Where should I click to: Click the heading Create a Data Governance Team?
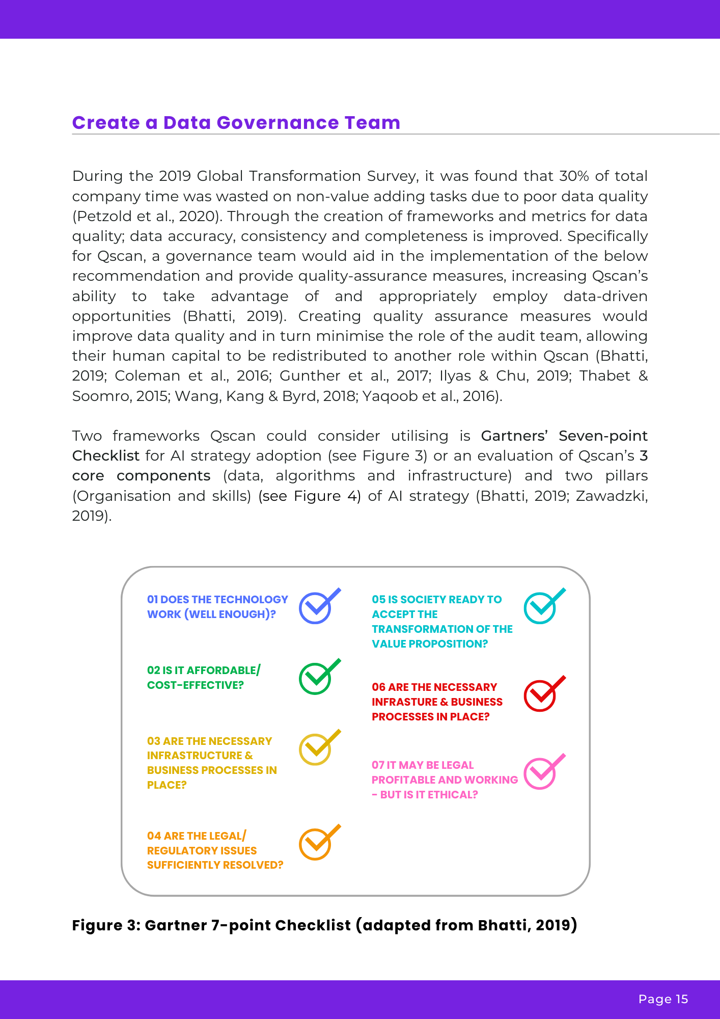(236, 123)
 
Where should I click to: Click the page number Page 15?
(663, 999)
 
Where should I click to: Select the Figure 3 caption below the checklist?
(324, 925)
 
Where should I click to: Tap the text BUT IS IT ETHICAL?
(429, 795)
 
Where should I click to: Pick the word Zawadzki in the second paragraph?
(612, 496)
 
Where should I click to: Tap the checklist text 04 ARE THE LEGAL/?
(197, 836)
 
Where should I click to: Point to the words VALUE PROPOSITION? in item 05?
(430, 644)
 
